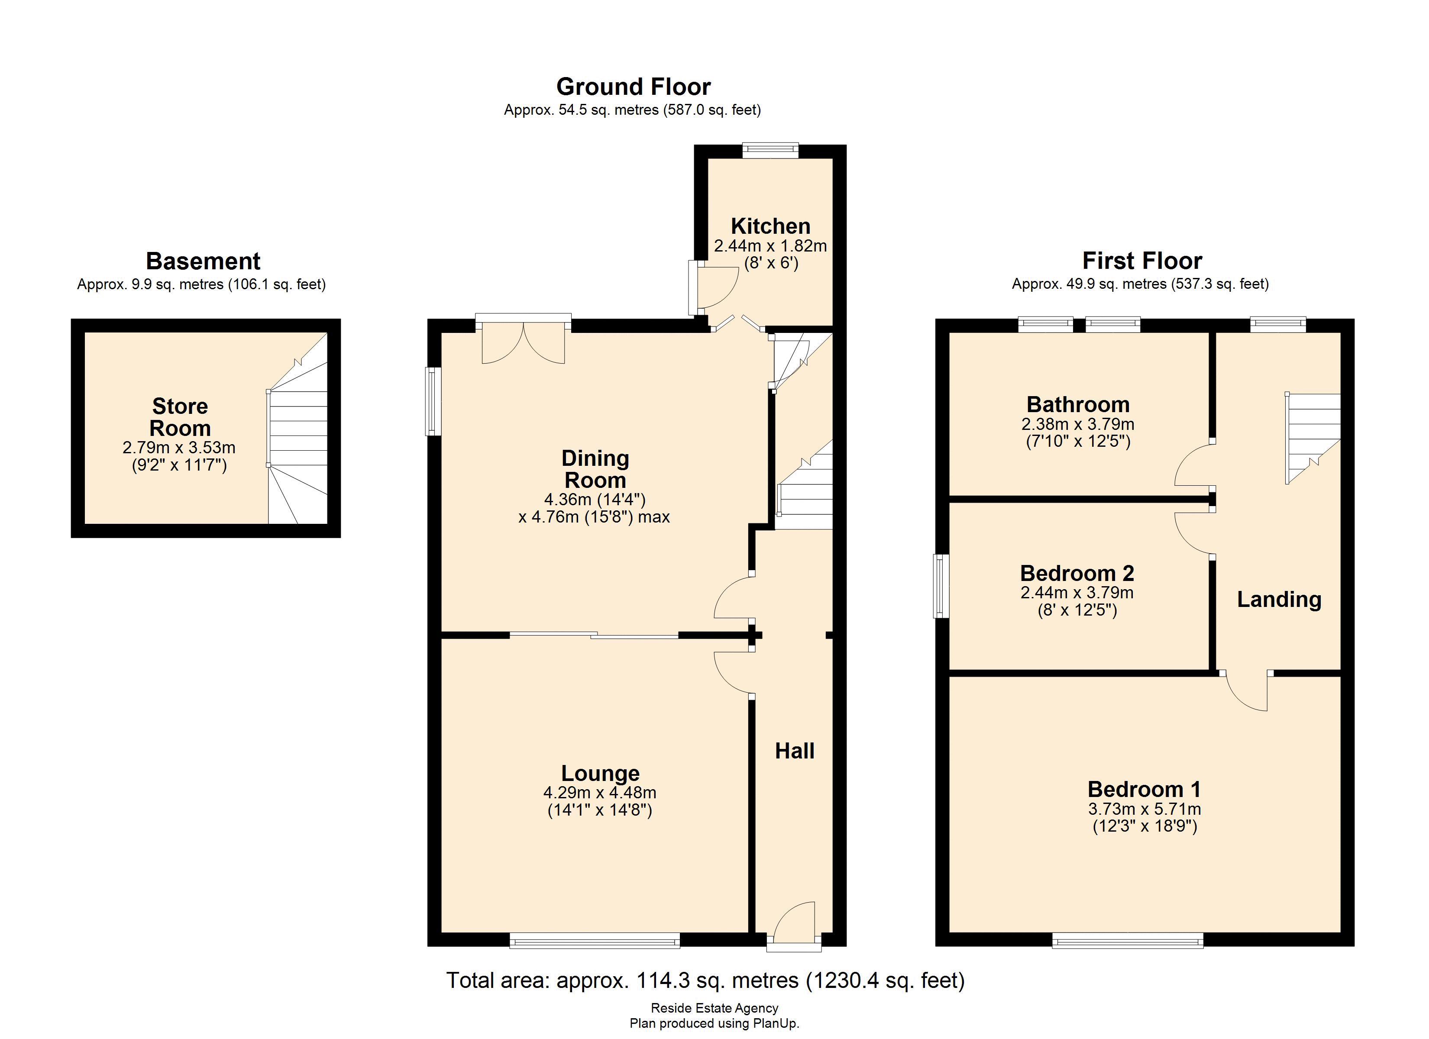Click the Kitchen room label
click(x=770, y=226)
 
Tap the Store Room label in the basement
click(x=180, y=417)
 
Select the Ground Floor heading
click(x=633, y=86)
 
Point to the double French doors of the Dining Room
click(x=523, y=343)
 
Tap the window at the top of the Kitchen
click(x=770, y=150)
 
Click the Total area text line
click(x=705, y=981)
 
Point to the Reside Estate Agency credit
click(x=714, y=1008)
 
